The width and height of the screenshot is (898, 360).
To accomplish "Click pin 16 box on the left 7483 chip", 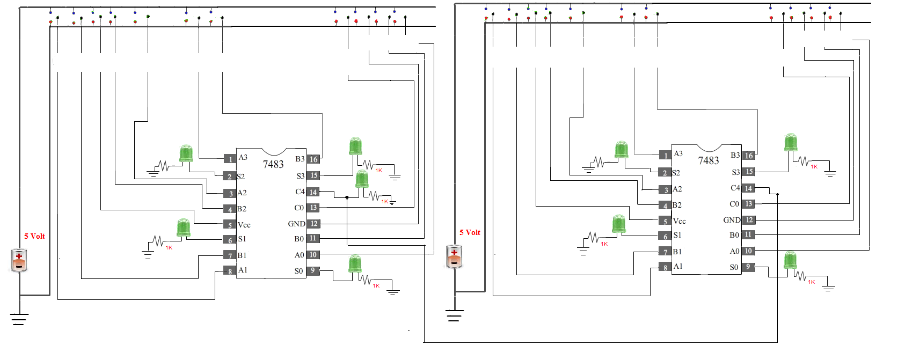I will [313, 159].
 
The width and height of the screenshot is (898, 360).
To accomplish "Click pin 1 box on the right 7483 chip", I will [665, 156].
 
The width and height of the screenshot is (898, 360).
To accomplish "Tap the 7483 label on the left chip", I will [273, 164].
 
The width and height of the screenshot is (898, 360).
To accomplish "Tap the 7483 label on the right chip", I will [708, 160].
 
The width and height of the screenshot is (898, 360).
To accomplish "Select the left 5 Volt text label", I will [34, 236].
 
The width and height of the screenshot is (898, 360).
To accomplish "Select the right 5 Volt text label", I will [470, 232].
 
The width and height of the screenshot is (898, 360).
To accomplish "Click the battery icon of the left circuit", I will [19, 260].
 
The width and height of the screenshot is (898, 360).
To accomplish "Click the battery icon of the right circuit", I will [454, 256].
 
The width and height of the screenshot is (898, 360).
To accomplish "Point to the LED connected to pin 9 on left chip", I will [355, 264].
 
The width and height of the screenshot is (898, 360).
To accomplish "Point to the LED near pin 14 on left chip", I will [362, 179].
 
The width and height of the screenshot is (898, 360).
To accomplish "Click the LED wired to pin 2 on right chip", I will [621, 150].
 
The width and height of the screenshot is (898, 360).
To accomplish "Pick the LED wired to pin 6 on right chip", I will [618, 224].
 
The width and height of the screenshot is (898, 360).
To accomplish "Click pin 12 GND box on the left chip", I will [313, 224].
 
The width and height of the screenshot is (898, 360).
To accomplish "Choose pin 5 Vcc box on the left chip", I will [230, 225].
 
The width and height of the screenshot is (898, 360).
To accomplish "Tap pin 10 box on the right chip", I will [748, 251].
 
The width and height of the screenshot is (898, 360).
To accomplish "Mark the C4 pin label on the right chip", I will [735, 188].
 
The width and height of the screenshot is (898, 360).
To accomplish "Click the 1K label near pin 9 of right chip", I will [811, 282].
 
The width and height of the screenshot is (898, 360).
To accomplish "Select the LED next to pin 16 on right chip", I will [790, 142].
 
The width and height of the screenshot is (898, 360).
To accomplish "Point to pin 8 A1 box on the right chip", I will [665, 267].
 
